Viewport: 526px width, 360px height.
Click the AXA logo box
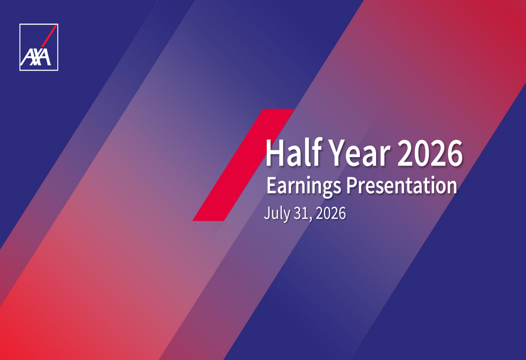tap(38, 47)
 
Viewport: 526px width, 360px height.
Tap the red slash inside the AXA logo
tap(49, 36)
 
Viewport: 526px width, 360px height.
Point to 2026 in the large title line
tap(430, 153)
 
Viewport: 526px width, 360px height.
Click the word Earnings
tap(304, 186)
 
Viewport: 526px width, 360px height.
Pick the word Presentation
tap(401, 186)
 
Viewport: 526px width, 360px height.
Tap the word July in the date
tap(277, 213)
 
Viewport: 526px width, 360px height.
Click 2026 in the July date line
tap(331, 213)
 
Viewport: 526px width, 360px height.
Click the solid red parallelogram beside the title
tap(244, 165)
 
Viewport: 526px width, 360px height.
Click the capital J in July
tap(267, 213)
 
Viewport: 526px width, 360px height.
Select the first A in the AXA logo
tap(27, 57)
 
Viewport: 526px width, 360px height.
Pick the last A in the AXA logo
tap(45, 57)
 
